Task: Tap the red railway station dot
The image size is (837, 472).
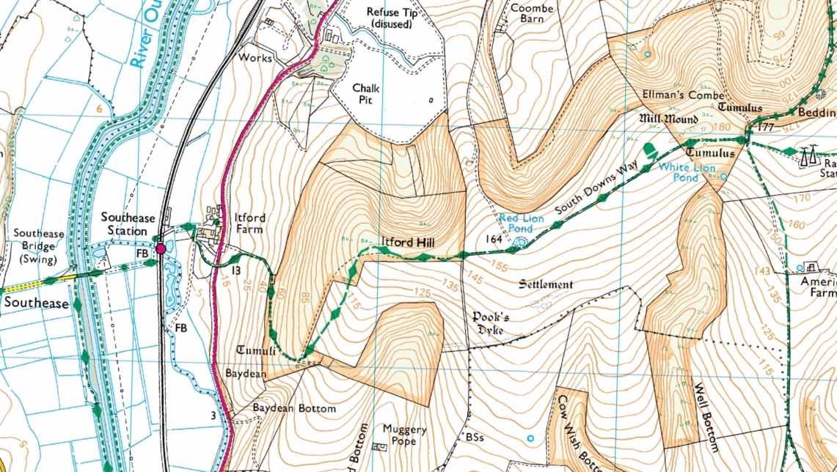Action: tap(161, 248)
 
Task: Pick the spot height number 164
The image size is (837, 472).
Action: tap(493, 239)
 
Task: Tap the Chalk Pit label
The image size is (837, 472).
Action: tap(369, 93)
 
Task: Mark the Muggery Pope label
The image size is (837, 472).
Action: tap(404, 435)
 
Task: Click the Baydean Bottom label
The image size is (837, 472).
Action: tap(294, 408)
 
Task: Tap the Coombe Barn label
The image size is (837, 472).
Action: tap(537, 13)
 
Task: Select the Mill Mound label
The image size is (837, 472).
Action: tap(662, 119)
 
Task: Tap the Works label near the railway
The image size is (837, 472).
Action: tap(255, 58)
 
